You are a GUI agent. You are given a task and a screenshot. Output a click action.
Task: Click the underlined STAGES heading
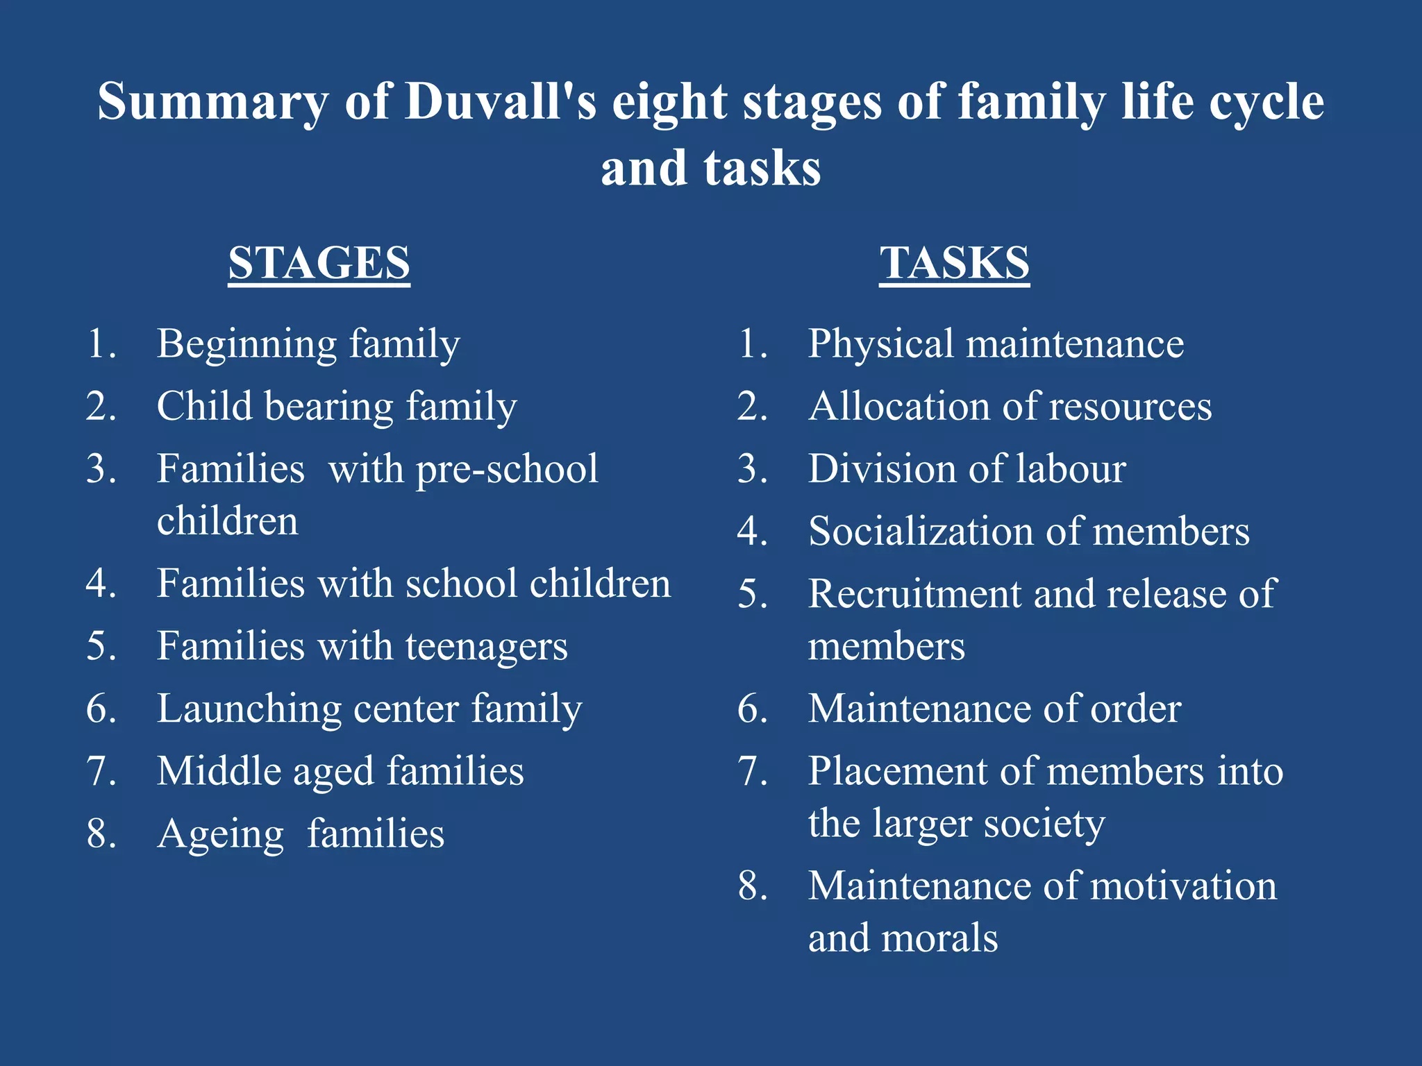[x=319, y=264]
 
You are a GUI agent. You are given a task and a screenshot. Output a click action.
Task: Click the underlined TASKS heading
[x=954, y=264]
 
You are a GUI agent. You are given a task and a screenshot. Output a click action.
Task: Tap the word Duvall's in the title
[x=500, y=102]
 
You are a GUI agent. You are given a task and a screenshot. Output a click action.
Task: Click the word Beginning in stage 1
[x=246, y=345]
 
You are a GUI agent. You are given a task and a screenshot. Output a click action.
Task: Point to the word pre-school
[x=506, y=470]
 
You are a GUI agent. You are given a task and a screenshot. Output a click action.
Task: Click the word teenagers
[x=486, y=647]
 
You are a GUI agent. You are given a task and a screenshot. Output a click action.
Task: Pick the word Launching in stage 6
[x=249, y=709]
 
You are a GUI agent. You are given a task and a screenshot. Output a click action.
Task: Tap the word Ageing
[x=220, y=835]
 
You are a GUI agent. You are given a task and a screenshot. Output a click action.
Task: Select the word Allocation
[x=899, y=407]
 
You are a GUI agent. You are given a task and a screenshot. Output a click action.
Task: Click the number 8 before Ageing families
[x=101, y=834]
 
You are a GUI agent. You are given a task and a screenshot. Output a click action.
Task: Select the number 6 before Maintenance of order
[x=752, y=709]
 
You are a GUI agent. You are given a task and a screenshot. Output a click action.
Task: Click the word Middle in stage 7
[x=218, y=772]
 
